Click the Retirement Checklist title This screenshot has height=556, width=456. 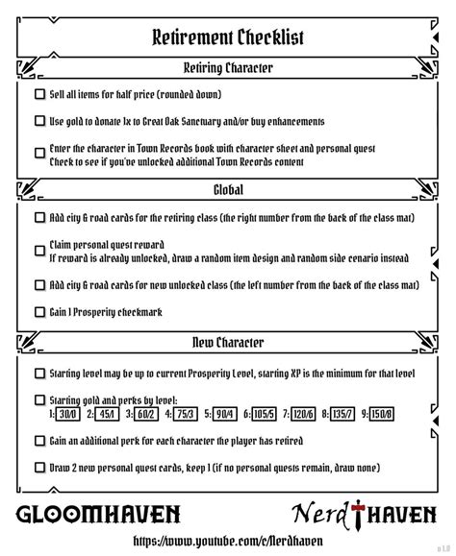pyautogui.click(x=228, y=37)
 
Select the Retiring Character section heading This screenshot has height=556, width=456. pyautogui.click(x=228, y=68)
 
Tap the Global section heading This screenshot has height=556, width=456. pyautogui.click(x=228, y=190)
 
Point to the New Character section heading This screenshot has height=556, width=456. pyautogui.click(x=228, y=343)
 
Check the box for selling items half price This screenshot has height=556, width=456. pyautogui.click(x=39, y=95)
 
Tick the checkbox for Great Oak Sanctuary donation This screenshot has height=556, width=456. pyautogui.click(x=39, y=122)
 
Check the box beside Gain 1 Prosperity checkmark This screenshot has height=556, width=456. pyautogui.click(x=39, y=312)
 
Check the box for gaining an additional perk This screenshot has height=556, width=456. pyautogui.click(x=39, y=441)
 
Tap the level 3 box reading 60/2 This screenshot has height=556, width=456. pyautogui.click(x=145, y=414)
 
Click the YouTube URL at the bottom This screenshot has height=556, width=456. pyautogui.click(x=228, y=540)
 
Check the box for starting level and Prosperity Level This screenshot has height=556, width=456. pyautogui.click(x=39, y=374)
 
